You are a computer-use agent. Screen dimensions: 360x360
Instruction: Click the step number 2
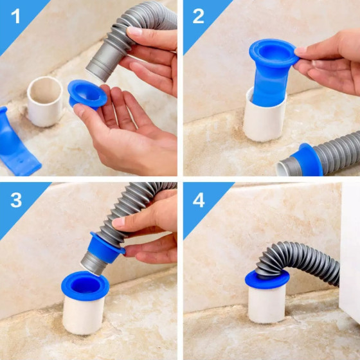(198, 16)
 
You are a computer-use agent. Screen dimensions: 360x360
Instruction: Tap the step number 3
(16, 200)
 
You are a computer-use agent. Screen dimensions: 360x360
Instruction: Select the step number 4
(199, 200)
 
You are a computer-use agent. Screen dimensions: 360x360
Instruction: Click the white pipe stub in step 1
(45, 102)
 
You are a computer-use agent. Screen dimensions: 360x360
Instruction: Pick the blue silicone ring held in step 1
(87, 94)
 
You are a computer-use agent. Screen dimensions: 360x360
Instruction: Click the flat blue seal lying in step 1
(16, 142)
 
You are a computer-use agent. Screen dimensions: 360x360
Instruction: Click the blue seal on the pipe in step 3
(85, 286)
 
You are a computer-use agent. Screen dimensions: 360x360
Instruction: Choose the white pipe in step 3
(83, 314)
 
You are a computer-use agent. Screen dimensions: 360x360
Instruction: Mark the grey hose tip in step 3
(93, 264)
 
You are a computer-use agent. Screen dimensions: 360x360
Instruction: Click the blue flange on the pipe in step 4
(267, 279)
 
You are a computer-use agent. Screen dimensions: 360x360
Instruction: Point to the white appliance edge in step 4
(350, 253)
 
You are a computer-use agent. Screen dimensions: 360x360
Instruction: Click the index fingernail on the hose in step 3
(118, 222)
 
